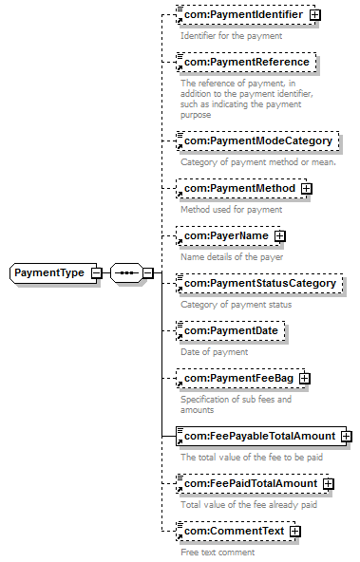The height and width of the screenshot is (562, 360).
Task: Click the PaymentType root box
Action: (x=53, y=272)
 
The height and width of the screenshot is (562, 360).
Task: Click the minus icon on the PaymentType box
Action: (x=96, y=273)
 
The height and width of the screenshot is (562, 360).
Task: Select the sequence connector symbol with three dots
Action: (x=126, y=273)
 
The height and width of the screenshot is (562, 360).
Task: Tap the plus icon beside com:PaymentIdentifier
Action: (x=314, y=14)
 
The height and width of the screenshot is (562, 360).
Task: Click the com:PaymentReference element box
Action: (x=246, y=62)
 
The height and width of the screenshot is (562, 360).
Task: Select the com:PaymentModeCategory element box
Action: (x=257, y=140)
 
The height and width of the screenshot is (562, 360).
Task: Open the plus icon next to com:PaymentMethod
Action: (x=307, y=189)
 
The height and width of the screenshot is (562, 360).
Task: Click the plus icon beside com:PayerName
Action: (x=279, y=235)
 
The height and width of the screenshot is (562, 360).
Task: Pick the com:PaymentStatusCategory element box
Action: (x=259, y=283)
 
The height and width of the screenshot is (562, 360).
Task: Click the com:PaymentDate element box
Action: (x=231, y=330)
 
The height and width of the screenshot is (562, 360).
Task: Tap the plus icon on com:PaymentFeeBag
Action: (x=304, y=378)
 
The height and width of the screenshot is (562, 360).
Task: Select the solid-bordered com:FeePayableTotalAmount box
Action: (x=261, y=436)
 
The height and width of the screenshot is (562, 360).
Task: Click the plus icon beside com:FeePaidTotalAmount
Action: (x=328, y=484)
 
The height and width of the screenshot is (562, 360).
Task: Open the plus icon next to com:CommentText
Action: (x=294, y=532)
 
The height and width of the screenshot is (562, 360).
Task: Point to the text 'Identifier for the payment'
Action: (x=231, y=36)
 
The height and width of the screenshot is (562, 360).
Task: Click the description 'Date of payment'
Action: (x=214, y=352)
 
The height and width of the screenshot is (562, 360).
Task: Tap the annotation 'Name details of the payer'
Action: (x=232, y=257)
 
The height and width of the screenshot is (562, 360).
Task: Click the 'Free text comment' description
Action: (x=218, y=552)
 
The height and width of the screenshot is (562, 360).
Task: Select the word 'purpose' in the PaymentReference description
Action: (x=196, y=115)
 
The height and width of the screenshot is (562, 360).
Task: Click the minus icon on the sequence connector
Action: (x=148, y=273)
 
